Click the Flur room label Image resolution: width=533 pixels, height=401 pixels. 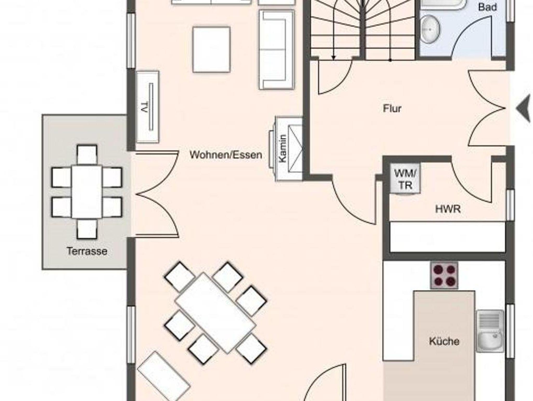pyautogui.click(x=392, y=108)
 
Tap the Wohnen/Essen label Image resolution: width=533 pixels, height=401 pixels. pyautogui.click(x=226, y=155)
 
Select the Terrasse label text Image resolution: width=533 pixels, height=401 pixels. pyautogui.click(x=87, y=251)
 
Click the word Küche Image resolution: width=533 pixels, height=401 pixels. pyautogui.click(x=444, y=341)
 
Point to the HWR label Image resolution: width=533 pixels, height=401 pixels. pyautogui.click(x=448, y=209)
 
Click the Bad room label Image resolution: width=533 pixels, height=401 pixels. pyautogui.click(x=487, y=7)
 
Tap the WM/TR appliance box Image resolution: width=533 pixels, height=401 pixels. pyautogui.click(x=405, y=179)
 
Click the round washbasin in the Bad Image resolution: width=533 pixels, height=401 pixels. pyautogui.click(x=430, y=29)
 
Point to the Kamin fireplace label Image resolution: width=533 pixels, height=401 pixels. pyautogui.click(x=283, y=148)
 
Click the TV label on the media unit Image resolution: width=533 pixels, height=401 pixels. pyautogui.click(x=143, y=107)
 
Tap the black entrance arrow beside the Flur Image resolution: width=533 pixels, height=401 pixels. pyautogui.click(x=524, y=108)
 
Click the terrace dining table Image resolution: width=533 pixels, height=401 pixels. pyautogui.click(x=87, y=192)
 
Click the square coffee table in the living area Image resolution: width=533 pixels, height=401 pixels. pyautogui.click(x=212, y=50)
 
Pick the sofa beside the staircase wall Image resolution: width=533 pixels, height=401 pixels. pyautogui.click(x=277, y=50)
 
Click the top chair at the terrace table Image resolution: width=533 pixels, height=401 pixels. pyautogui.click(x=87, y=155)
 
